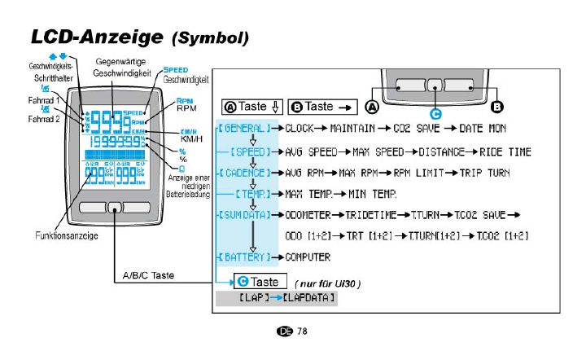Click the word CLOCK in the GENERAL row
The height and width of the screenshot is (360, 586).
coord(300,128)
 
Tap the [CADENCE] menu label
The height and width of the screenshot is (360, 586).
coord(243,173)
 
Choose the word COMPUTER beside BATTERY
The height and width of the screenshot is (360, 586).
coord(308,257)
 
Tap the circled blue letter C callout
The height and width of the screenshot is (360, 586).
coord(435,115)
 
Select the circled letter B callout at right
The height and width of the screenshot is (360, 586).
coord(498,106)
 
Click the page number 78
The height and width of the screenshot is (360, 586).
coord(302,331)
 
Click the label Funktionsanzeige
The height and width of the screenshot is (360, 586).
coord(67,235)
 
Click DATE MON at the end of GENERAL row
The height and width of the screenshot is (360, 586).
coord(483,128)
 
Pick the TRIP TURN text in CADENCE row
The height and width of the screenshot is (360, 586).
coord(487,173)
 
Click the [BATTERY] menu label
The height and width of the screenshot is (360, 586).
coord(243,257)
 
